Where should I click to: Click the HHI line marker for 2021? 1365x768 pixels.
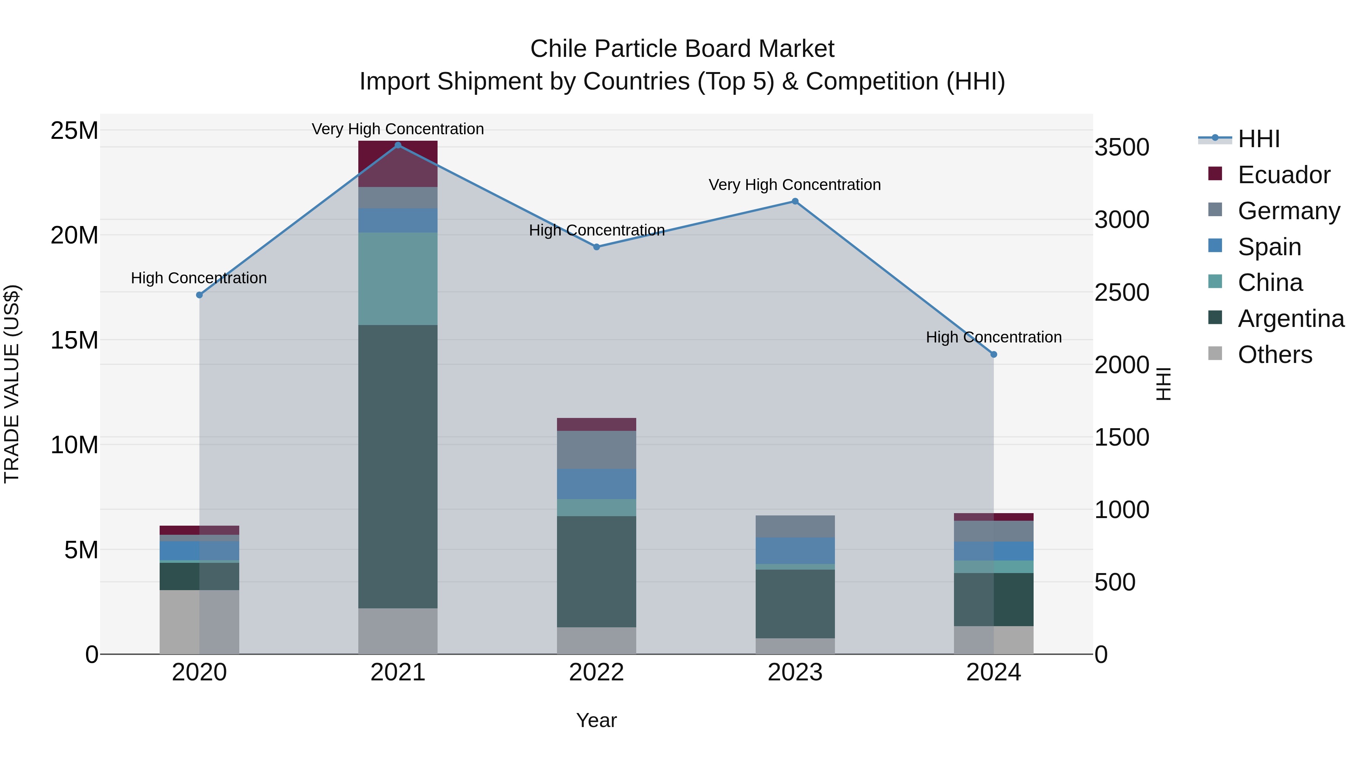pos(398,145)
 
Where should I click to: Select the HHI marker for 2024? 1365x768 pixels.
pos(993,355)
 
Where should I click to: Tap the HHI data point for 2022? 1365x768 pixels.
pos(597,247)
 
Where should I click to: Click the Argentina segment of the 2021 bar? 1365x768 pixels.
pos(398,466)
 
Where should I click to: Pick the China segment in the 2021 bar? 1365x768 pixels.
pos(398,279)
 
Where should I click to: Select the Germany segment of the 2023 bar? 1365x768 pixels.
pos(795,526)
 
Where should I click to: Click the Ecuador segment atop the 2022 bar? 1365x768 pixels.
pos(597,424)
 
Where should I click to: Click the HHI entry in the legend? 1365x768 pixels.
pos(1258,139)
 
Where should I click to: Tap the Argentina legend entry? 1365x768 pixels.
pos(1290,319)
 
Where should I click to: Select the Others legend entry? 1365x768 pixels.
pos(1274,355)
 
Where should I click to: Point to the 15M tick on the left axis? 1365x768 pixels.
pos(74,340)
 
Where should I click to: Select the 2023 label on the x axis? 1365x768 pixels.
pos(795,672)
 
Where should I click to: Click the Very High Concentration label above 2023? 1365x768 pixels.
pos(794,185)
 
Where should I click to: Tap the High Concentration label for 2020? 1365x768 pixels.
pos(199,278)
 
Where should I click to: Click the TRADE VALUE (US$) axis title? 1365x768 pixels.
pos(12,384)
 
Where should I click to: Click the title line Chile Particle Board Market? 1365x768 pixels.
pos(682,49)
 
